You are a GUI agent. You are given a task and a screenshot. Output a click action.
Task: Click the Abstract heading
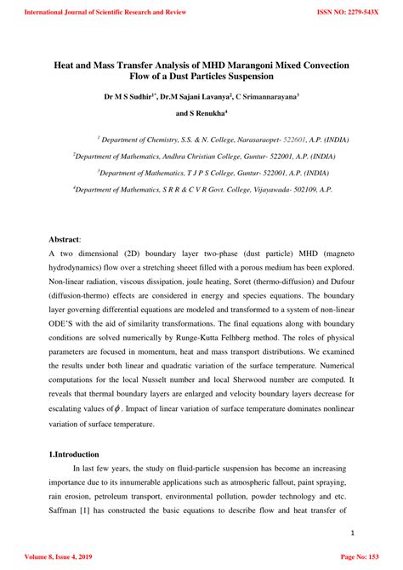(66, 240)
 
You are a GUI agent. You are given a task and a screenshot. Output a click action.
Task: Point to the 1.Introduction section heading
(74, 454)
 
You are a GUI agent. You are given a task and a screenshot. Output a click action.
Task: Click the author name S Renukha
(203, 113)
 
